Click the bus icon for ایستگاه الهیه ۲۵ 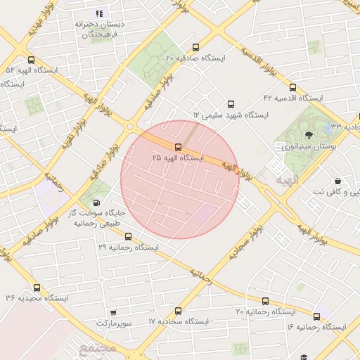pyautogui.click(x=177, y=147)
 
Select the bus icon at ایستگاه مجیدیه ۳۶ pyautogui.click(x=37, y=287)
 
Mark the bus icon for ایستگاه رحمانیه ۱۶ pyautogui.click(x=317, y=316)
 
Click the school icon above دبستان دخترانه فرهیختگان pyautogui.click(x=98, y=13)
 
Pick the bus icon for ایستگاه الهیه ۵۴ pyautogui.click(x=30, y=60)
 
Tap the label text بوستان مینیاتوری pyautogui.click(x=310, y=147)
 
